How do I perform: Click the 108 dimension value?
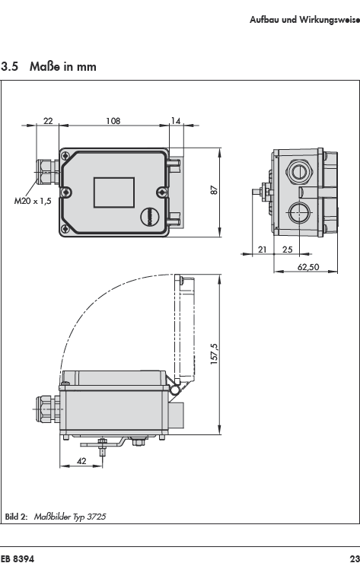tap(113, 121)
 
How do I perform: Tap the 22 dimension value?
tap(48, 121)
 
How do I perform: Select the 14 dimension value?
tap(175, 121)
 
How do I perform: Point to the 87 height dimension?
tap(214, 190)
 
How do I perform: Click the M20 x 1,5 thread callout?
tap(33, 201)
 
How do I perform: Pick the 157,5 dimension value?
tap(214, 354)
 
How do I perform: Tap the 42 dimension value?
tap(82, 461)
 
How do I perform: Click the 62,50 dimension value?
tap(308, 267)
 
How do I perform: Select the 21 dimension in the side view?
tap(263, 250)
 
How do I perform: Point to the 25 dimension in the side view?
tap(288, 250)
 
